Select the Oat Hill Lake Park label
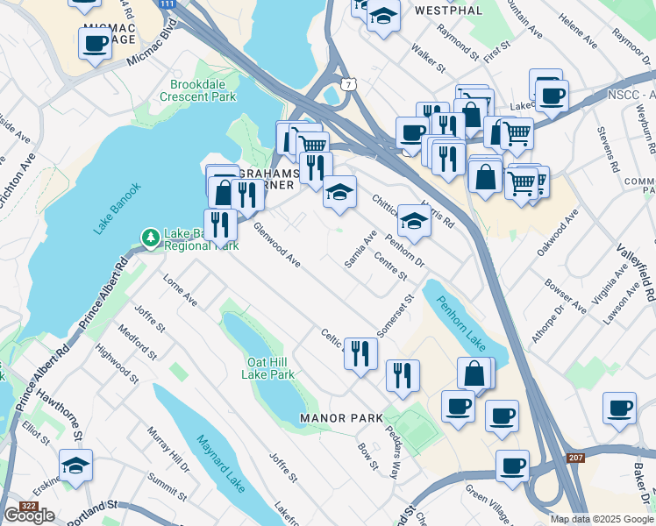coord(270,367)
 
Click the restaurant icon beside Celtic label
coord(360,352)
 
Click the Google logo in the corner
coord(29,515)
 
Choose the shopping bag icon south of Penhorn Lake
coord(474,373)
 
